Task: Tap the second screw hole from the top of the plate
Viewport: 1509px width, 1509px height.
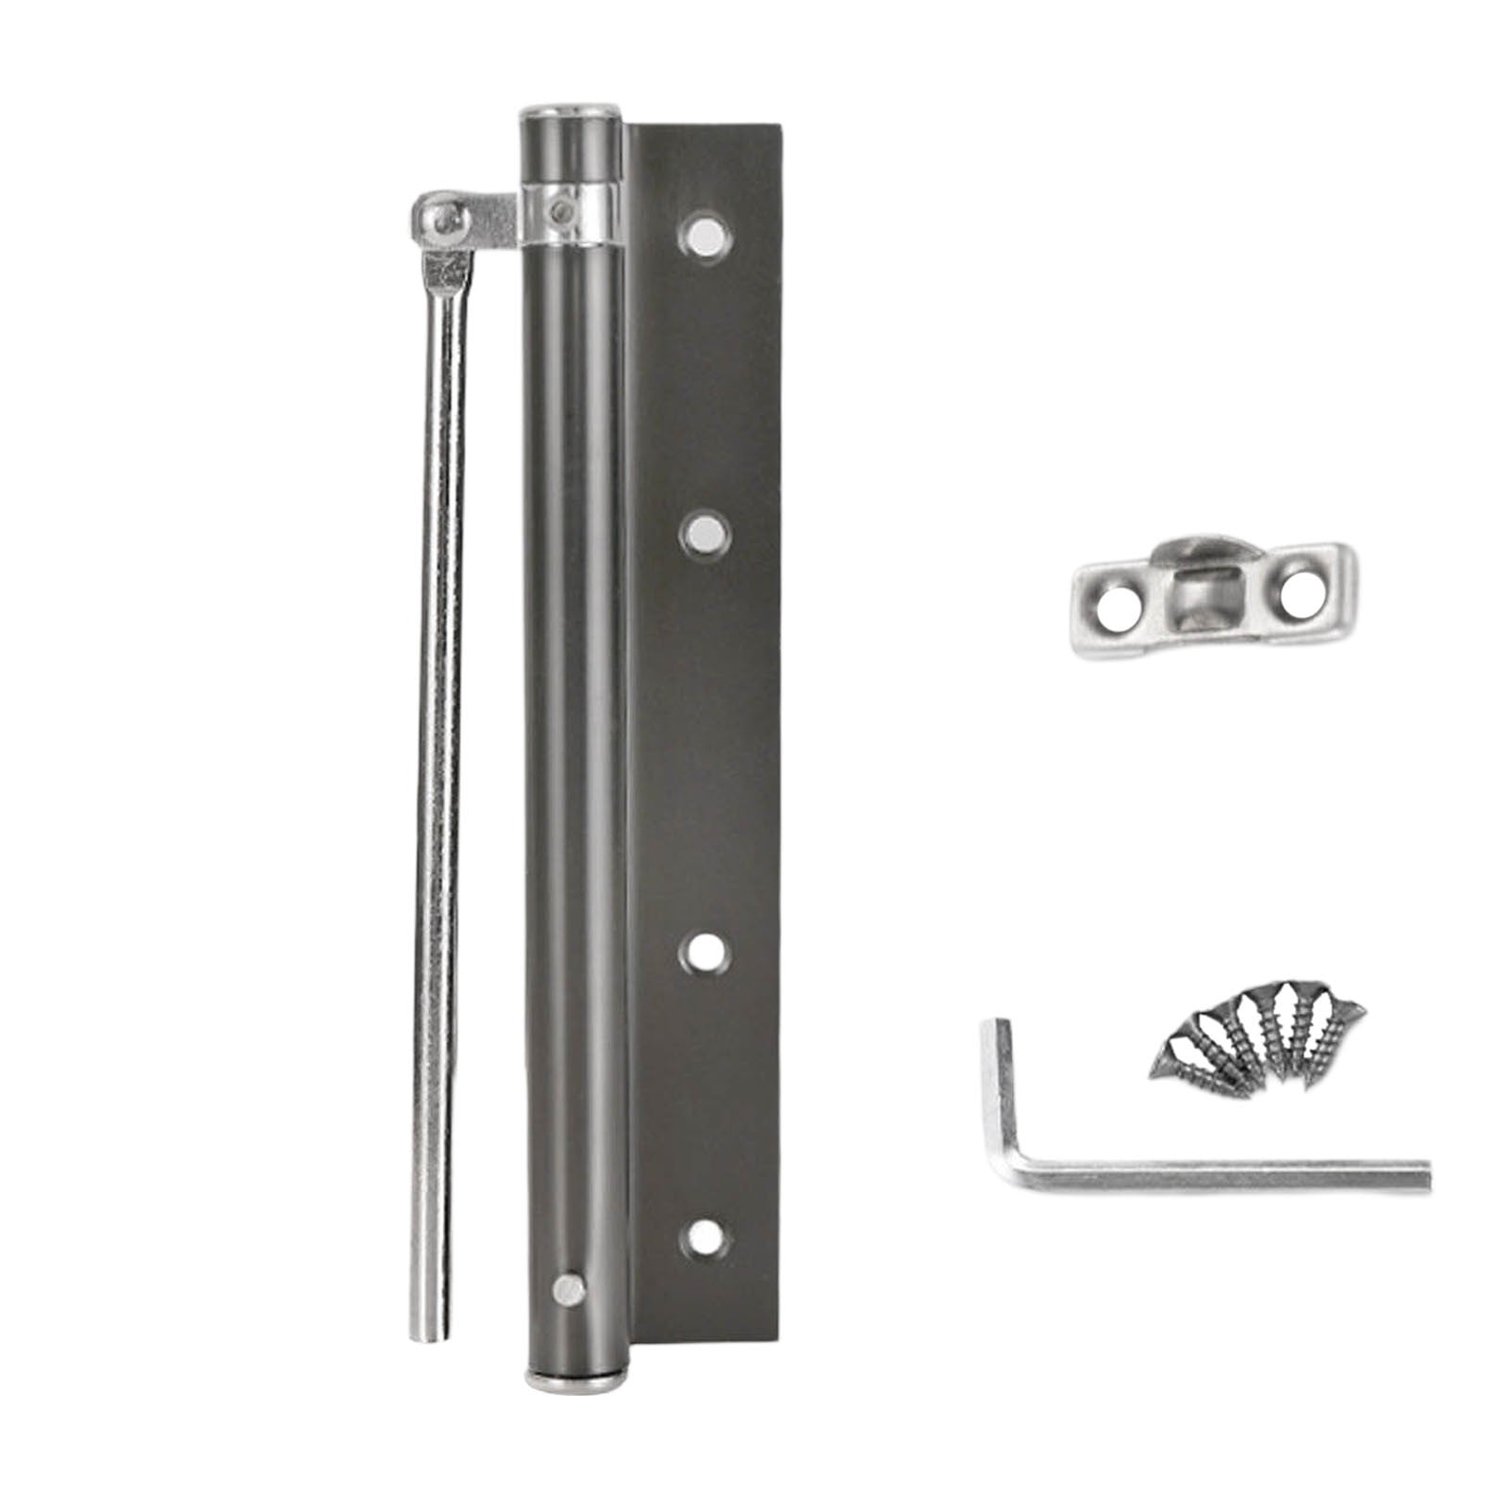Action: [705, 536]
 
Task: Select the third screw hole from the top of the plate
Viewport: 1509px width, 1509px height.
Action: [705, 952]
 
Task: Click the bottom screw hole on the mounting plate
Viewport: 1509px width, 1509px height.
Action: [705, 1236]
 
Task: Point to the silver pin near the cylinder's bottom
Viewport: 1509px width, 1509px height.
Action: [567, 1286]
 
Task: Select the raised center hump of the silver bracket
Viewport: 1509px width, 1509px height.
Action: [1202, 589]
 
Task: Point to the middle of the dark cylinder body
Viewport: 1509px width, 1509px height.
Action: [572, 754]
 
